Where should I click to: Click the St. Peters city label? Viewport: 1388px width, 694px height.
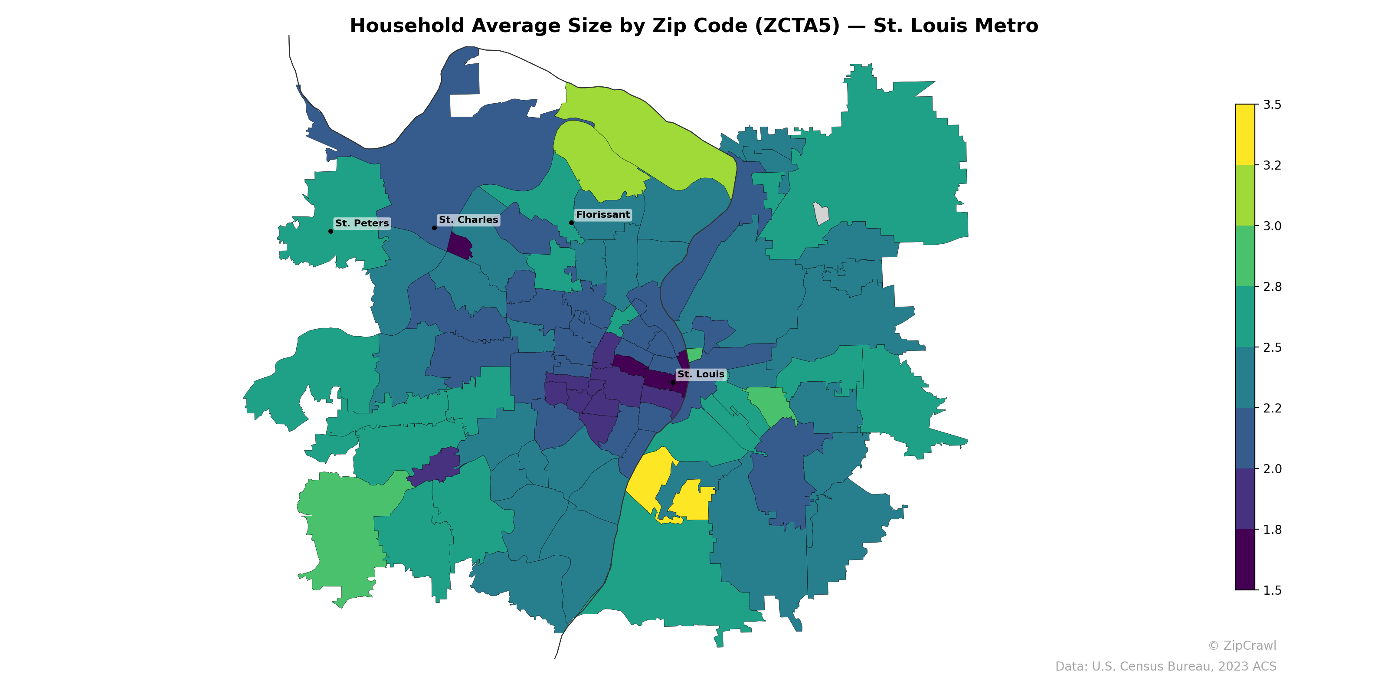point(362,223)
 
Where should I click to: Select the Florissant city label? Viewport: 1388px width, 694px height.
point(602,214)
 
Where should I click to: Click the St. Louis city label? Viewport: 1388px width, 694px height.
point(701,374)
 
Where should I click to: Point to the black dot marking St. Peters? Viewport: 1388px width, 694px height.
point(330,231)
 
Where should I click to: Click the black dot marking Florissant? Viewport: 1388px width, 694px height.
point(571,223)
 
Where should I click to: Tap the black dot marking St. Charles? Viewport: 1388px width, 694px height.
point(434,228)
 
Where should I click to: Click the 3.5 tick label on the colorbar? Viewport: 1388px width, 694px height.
point(1272,105)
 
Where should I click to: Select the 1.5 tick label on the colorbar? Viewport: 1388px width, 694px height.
point(1272,590)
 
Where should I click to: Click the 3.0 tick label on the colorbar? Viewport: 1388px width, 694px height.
point(1272,226)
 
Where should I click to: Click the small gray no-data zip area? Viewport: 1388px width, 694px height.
point(821,213)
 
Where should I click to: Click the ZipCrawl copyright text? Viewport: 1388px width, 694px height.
point(1241,645)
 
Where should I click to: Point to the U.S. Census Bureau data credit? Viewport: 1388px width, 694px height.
point(1165,667)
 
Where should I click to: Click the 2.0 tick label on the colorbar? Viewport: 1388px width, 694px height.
point(1272,469)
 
